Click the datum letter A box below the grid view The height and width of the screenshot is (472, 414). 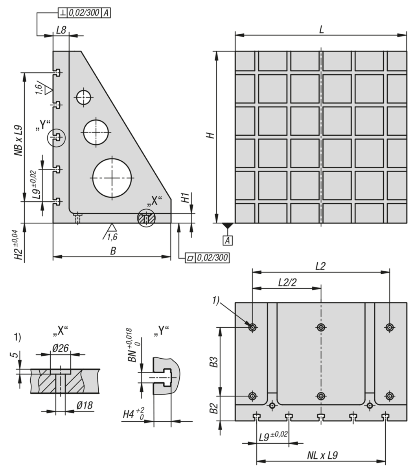[x=227, y=240]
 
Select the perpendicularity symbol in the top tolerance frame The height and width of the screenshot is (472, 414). [x=63, y=13]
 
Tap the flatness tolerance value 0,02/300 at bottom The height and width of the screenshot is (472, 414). [x=212, y=258]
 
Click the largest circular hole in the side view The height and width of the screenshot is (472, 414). [x=112, y=178]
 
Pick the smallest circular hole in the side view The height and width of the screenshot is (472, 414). [x=84, y=98]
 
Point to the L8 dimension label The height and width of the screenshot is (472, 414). [x=61, y=30]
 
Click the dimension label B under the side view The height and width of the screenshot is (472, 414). [x=113, y=251]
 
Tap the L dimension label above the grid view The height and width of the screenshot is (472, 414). [x=321, y=30]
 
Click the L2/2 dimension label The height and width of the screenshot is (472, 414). [x=287, y=283]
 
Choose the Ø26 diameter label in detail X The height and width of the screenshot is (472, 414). [x=61, y=348]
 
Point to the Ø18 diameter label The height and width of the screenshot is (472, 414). [x=85, y=406]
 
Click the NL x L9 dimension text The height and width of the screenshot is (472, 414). [x=322, y=455]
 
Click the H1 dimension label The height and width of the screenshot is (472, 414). [x=185, y=198]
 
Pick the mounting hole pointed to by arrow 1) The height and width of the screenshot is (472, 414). [x=252, y=327]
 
